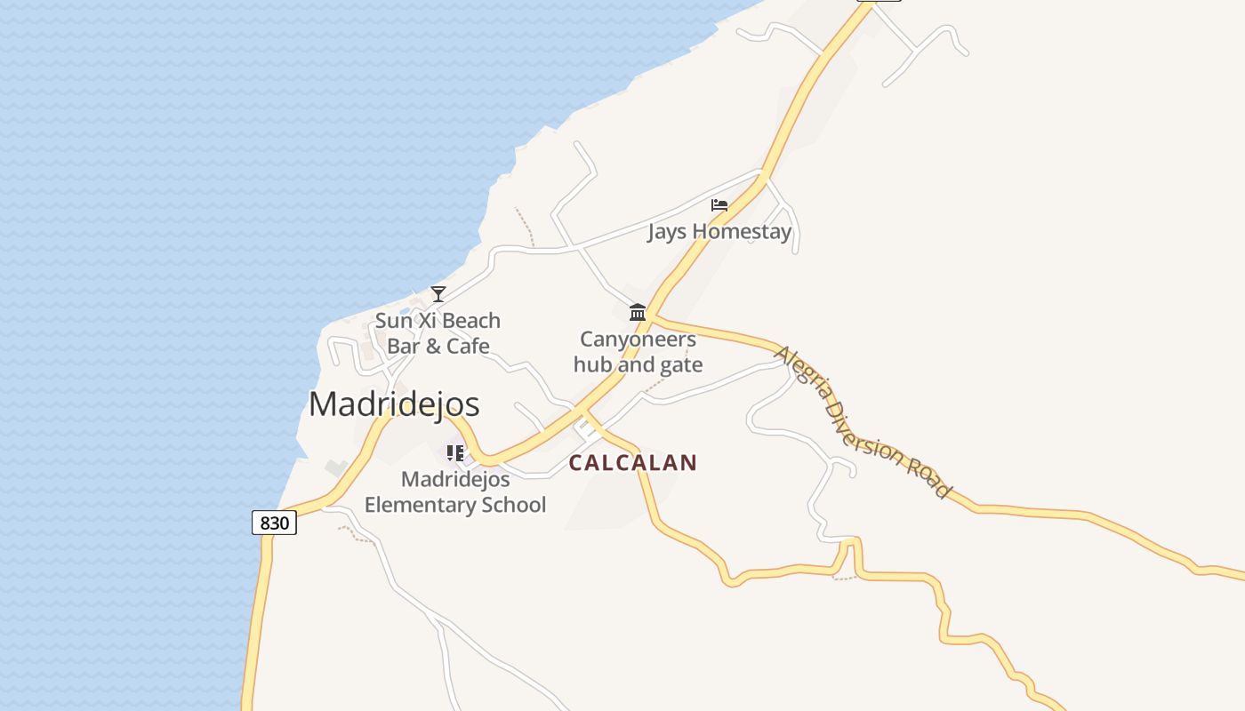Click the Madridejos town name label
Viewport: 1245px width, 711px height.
394,404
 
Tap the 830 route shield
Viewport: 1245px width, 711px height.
274,523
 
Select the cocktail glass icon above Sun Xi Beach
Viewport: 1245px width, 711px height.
438,294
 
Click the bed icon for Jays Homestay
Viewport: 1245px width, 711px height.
719,205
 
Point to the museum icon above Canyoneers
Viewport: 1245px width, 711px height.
638,313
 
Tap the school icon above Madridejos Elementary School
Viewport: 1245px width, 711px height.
455,453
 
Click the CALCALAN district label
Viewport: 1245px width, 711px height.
632,463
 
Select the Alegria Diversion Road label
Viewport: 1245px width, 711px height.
863,422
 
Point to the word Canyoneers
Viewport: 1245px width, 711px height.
638,339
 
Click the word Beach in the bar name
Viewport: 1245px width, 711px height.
470,321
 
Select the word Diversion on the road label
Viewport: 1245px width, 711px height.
863,423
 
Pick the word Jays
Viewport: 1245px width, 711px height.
667,232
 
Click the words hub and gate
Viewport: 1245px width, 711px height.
638,364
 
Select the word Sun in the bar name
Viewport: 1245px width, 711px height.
392,321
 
